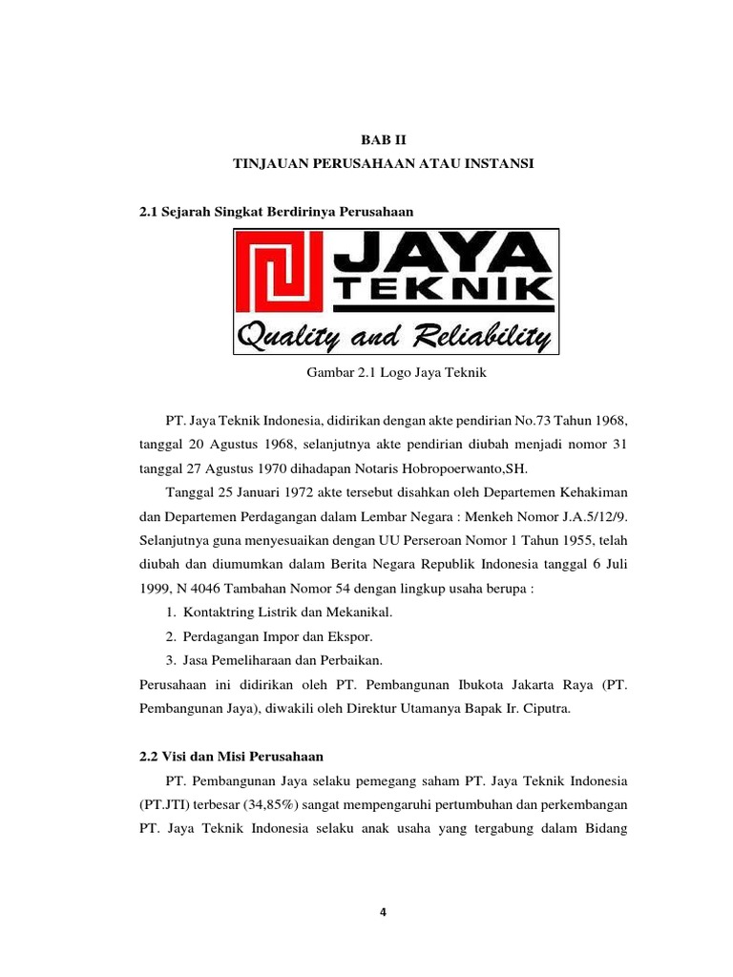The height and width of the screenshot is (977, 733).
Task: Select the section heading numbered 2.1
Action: [x=277, y=209]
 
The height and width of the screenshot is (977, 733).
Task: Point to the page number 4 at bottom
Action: [x=384, y=911]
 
